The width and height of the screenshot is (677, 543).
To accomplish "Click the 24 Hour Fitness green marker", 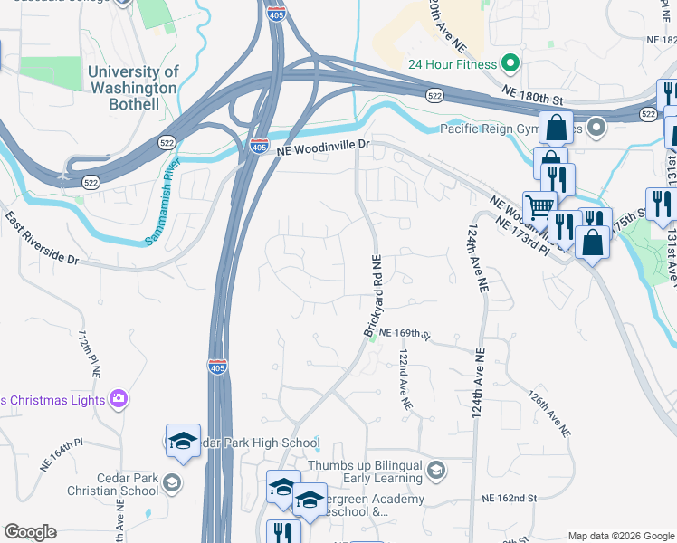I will tap(510, 64).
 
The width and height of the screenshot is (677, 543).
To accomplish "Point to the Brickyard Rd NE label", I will tap(374, 296).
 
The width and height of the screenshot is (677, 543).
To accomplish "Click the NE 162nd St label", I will tap(510, 498).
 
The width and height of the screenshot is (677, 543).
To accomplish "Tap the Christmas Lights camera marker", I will tap(119, 398).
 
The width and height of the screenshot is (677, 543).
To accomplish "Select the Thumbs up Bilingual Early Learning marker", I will tap(436, 469).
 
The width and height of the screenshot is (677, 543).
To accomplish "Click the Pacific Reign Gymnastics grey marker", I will tap(596, 128).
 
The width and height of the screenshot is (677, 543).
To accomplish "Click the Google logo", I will tap(30, 532).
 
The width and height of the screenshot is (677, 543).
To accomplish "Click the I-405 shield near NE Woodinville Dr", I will tap(260, 145).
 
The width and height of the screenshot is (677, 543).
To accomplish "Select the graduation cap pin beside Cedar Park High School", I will tap(183, 441).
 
